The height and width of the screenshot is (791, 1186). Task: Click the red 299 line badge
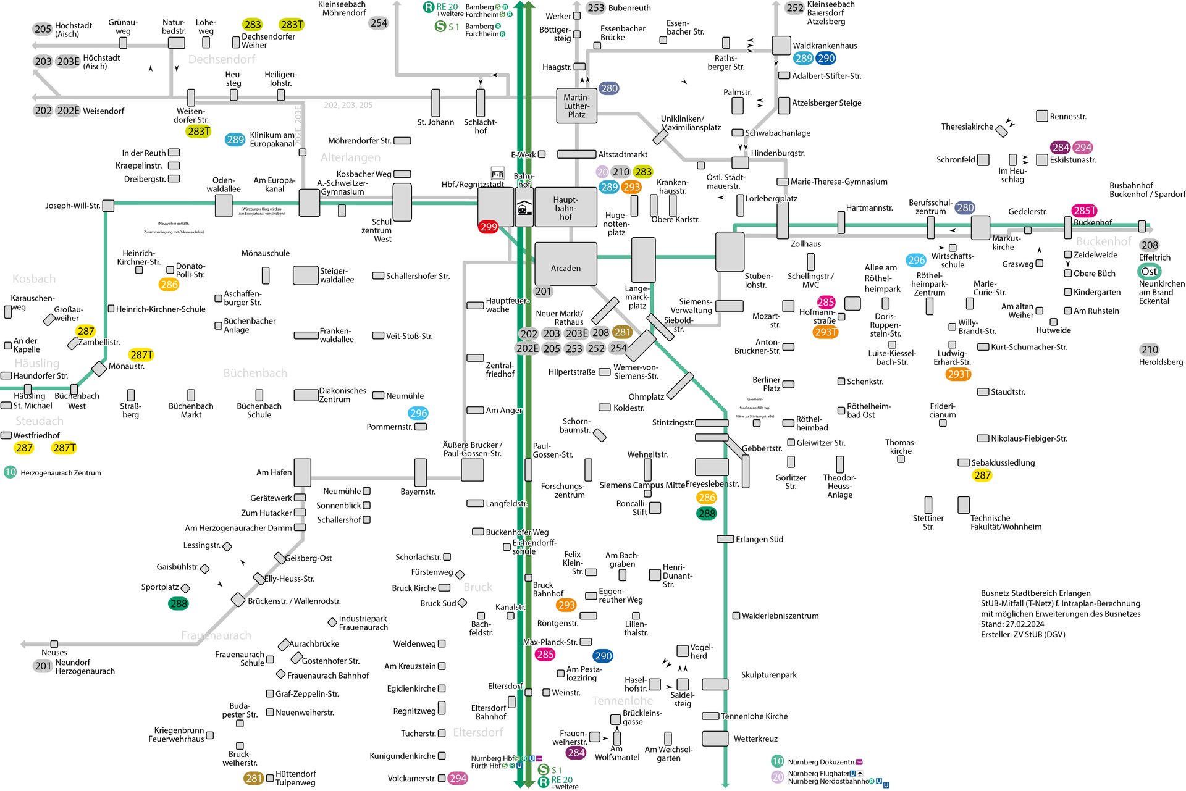pyautogui.click(x=488, y=227)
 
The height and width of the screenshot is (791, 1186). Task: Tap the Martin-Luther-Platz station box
pyautogui.click(x=576, y=106)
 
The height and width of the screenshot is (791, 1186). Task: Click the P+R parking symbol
pyautogui.click(x=497, y=175)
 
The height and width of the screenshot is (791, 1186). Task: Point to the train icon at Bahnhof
pyautogui.click(x=524, y=208)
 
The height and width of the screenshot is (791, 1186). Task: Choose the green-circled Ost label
pyautogui.click(x=1149, y=272)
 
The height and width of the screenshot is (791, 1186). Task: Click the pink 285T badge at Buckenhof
pyautogui.click(x=1084, y=211)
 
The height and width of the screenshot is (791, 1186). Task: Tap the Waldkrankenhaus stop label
pyautogui.click(x=825, y=46)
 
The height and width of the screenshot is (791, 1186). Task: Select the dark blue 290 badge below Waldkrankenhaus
pyautogui.click(x=826, y=59)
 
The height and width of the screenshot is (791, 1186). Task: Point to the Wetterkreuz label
pyautogui.click(x=755, y=739)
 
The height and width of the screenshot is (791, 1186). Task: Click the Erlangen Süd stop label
pyautogui.click(x=759, y=539)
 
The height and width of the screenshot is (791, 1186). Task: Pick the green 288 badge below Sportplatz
pyautogui.click(x=179, y=603)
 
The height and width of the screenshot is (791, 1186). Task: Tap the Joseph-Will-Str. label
pyautogui.click(x=72, y=206)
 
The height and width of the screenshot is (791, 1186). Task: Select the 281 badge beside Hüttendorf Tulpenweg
pyautogui.click(x=254, y=778)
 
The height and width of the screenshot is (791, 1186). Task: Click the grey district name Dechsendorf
pyautogui.click(x=222, y=59)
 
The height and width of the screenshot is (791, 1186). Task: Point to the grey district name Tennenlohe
pyautogui.click(x=622, y=700)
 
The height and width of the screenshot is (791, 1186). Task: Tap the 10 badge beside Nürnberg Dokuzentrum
pyautogui.click(x=778, y=761)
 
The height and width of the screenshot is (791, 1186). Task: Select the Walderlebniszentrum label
pyautogui.click(x=780, y=616)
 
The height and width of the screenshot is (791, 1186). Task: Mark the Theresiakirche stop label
pyautogui.click(x=967, y=127)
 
